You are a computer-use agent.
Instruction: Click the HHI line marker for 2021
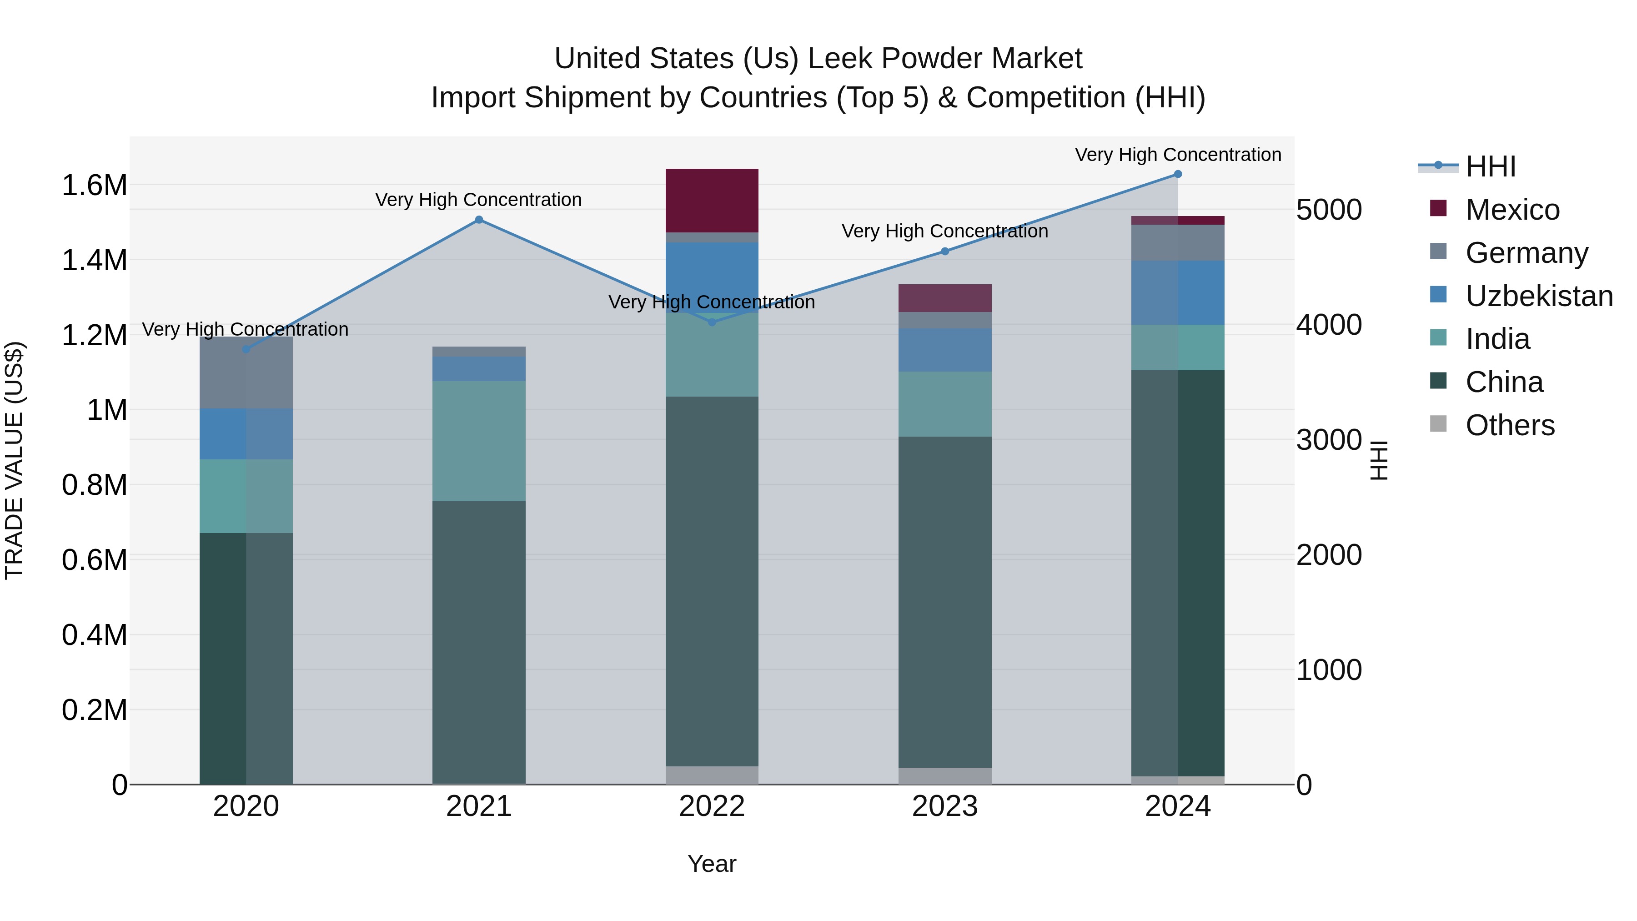click(479, 220)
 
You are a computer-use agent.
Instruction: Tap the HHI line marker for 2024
click(1178, 174)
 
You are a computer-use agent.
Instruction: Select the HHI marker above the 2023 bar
click(945, 251)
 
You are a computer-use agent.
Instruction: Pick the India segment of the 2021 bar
click(479, 441)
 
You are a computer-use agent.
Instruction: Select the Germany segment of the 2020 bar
click(246, 372)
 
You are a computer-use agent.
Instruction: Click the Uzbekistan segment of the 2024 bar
click(1178, 293)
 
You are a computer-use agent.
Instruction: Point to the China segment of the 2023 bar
click(945, 602)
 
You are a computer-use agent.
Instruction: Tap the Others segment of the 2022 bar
click(712, 775)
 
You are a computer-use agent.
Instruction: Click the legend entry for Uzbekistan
click(1538, 296)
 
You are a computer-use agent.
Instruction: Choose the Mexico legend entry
click(1512, 210)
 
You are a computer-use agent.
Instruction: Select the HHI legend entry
click(1490, 166)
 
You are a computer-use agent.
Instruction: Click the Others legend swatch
click(1438, 424)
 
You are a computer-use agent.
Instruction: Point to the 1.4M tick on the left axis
click(94, 261)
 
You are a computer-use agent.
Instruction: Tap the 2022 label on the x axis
click(712, 806)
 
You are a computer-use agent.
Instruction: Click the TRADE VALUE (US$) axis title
click(14, 460)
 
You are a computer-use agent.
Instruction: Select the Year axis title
click(712, 864)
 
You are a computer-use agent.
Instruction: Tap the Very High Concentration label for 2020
click(245, 329)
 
